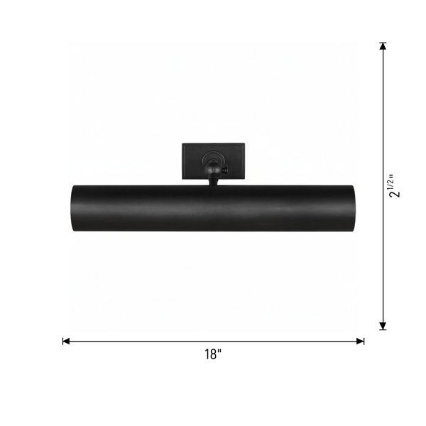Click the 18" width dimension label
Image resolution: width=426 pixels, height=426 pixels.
[x=213, y=354]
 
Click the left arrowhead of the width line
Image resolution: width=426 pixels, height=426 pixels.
[x=66, y=342]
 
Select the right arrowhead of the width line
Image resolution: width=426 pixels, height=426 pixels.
[x=361, y=342]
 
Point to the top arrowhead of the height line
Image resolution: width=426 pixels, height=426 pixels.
[x=383, y=46]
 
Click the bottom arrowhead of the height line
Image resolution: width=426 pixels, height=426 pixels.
[x=383, y=326]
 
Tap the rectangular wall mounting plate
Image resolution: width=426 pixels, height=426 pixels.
[x=213, y=161]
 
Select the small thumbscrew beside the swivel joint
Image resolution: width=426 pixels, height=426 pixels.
[x=225, y=170]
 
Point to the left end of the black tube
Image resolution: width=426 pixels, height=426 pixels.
[x=72, y=208]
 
